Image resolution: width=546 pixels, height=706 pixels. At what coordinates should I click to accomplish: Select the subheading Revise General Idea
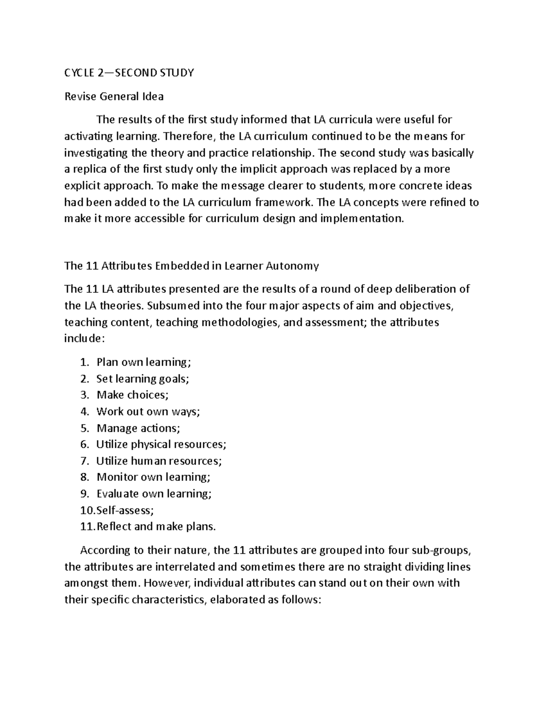114,96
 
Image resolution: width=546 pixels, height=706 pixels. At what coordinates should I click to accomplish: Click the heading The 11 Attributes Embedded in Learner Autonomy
192,266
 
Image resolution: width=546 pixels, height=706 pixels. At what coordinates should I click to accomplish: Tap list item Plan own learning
144,362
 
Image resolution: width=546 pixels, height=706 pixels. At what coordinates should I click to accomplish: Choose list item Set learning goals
142,379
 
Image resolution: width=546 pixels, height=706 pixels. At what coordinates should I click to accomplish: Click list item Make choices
132,395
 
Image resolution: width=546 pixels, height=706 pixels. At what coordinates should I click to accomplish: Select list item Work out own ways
148,411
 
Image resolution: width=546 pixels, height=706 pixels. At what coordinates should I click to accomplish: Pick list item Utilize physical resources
161,444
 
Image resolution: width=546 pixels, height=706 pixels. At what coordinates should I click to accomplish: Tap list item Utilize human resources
159,461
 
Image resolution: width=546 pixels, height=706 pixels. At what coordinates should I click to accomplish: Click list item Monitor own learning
153,477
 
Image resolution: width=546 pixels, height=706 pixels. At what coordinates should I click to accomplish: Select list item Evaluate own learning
154,494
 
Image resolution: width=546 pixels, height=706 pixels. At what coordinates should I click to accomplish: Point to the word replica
90,169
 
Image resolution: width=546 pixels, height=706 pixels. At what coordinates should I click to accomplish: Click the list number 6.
84,444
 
